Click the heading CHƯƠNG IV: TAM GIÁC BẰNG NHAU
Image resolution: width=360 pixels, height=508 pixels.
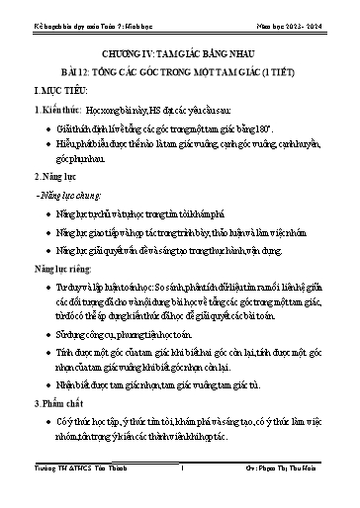180,45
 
